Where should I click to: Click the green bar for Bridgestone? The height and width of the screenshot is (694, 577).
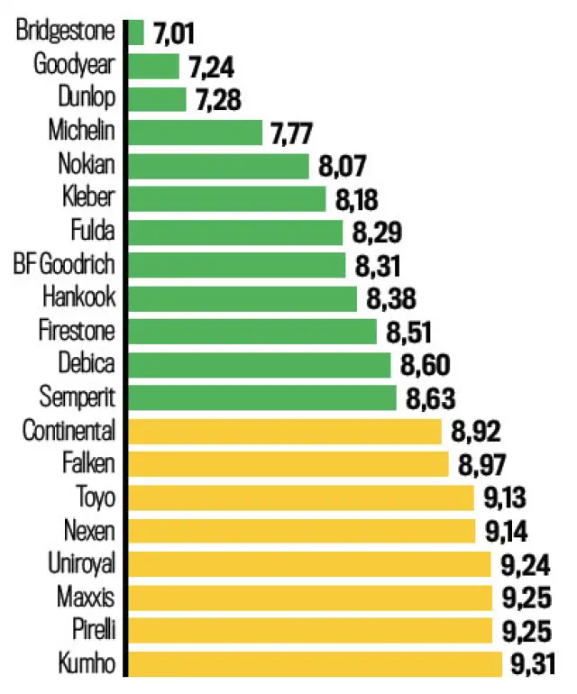(x=136, y=32)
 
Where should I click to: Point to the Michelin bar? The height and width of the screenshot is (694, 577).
(x=196, y=132)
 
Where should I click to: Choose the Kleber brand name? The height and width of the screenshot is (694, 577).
(x=89, y=198)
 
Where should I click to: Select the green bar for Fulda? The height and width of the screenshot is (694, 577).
(x=236, y=232)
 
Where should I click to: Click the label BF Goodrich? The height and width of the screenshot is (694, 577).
(x=65, y=265)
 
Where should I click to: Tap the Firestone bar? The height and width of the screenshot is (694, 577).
(x=253, y=331)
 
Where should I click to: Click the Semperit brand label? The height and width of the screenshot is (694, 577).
(x=78, y=397)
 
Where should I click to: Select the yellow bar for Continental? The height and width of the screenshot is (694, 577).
(x=286, y=431)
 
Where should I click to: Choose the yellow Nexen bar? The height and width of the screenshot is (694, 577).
(x=302, y=531)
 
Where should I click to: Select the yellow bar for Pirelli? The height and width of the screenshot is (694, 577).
(x=311, y=630)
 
